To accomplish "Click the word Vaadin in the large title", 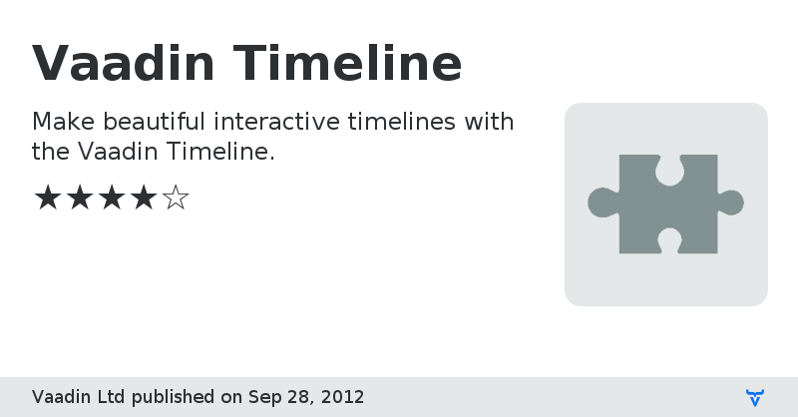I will coord(124,63).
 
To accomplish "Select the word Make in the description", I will coord(65,123).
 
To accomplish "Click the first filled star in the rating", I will coord(47,198).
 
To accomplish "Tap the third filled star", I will coord(111,198).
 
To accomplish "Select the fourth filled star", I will coord(143,198).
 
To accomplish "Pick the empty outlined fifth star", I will coord(176,198).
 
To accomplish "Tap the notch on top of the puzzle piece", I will coord(667,170).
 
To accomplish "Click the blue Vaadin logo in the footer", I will coord(755,397).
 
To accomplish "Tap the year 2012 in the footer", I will coord(342,397).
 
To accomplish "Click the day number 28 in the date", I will coord(299,397).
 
